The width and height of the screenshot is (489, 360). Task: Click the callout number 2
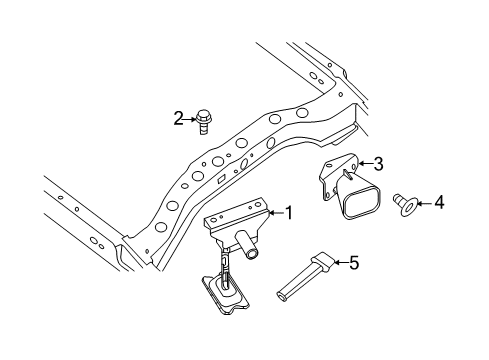coord(179,119)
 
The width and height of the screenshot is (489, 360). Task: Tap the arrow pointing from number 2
coord(190,119)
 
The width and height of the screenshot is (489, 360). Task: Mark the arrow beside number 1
coord(275,212)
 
